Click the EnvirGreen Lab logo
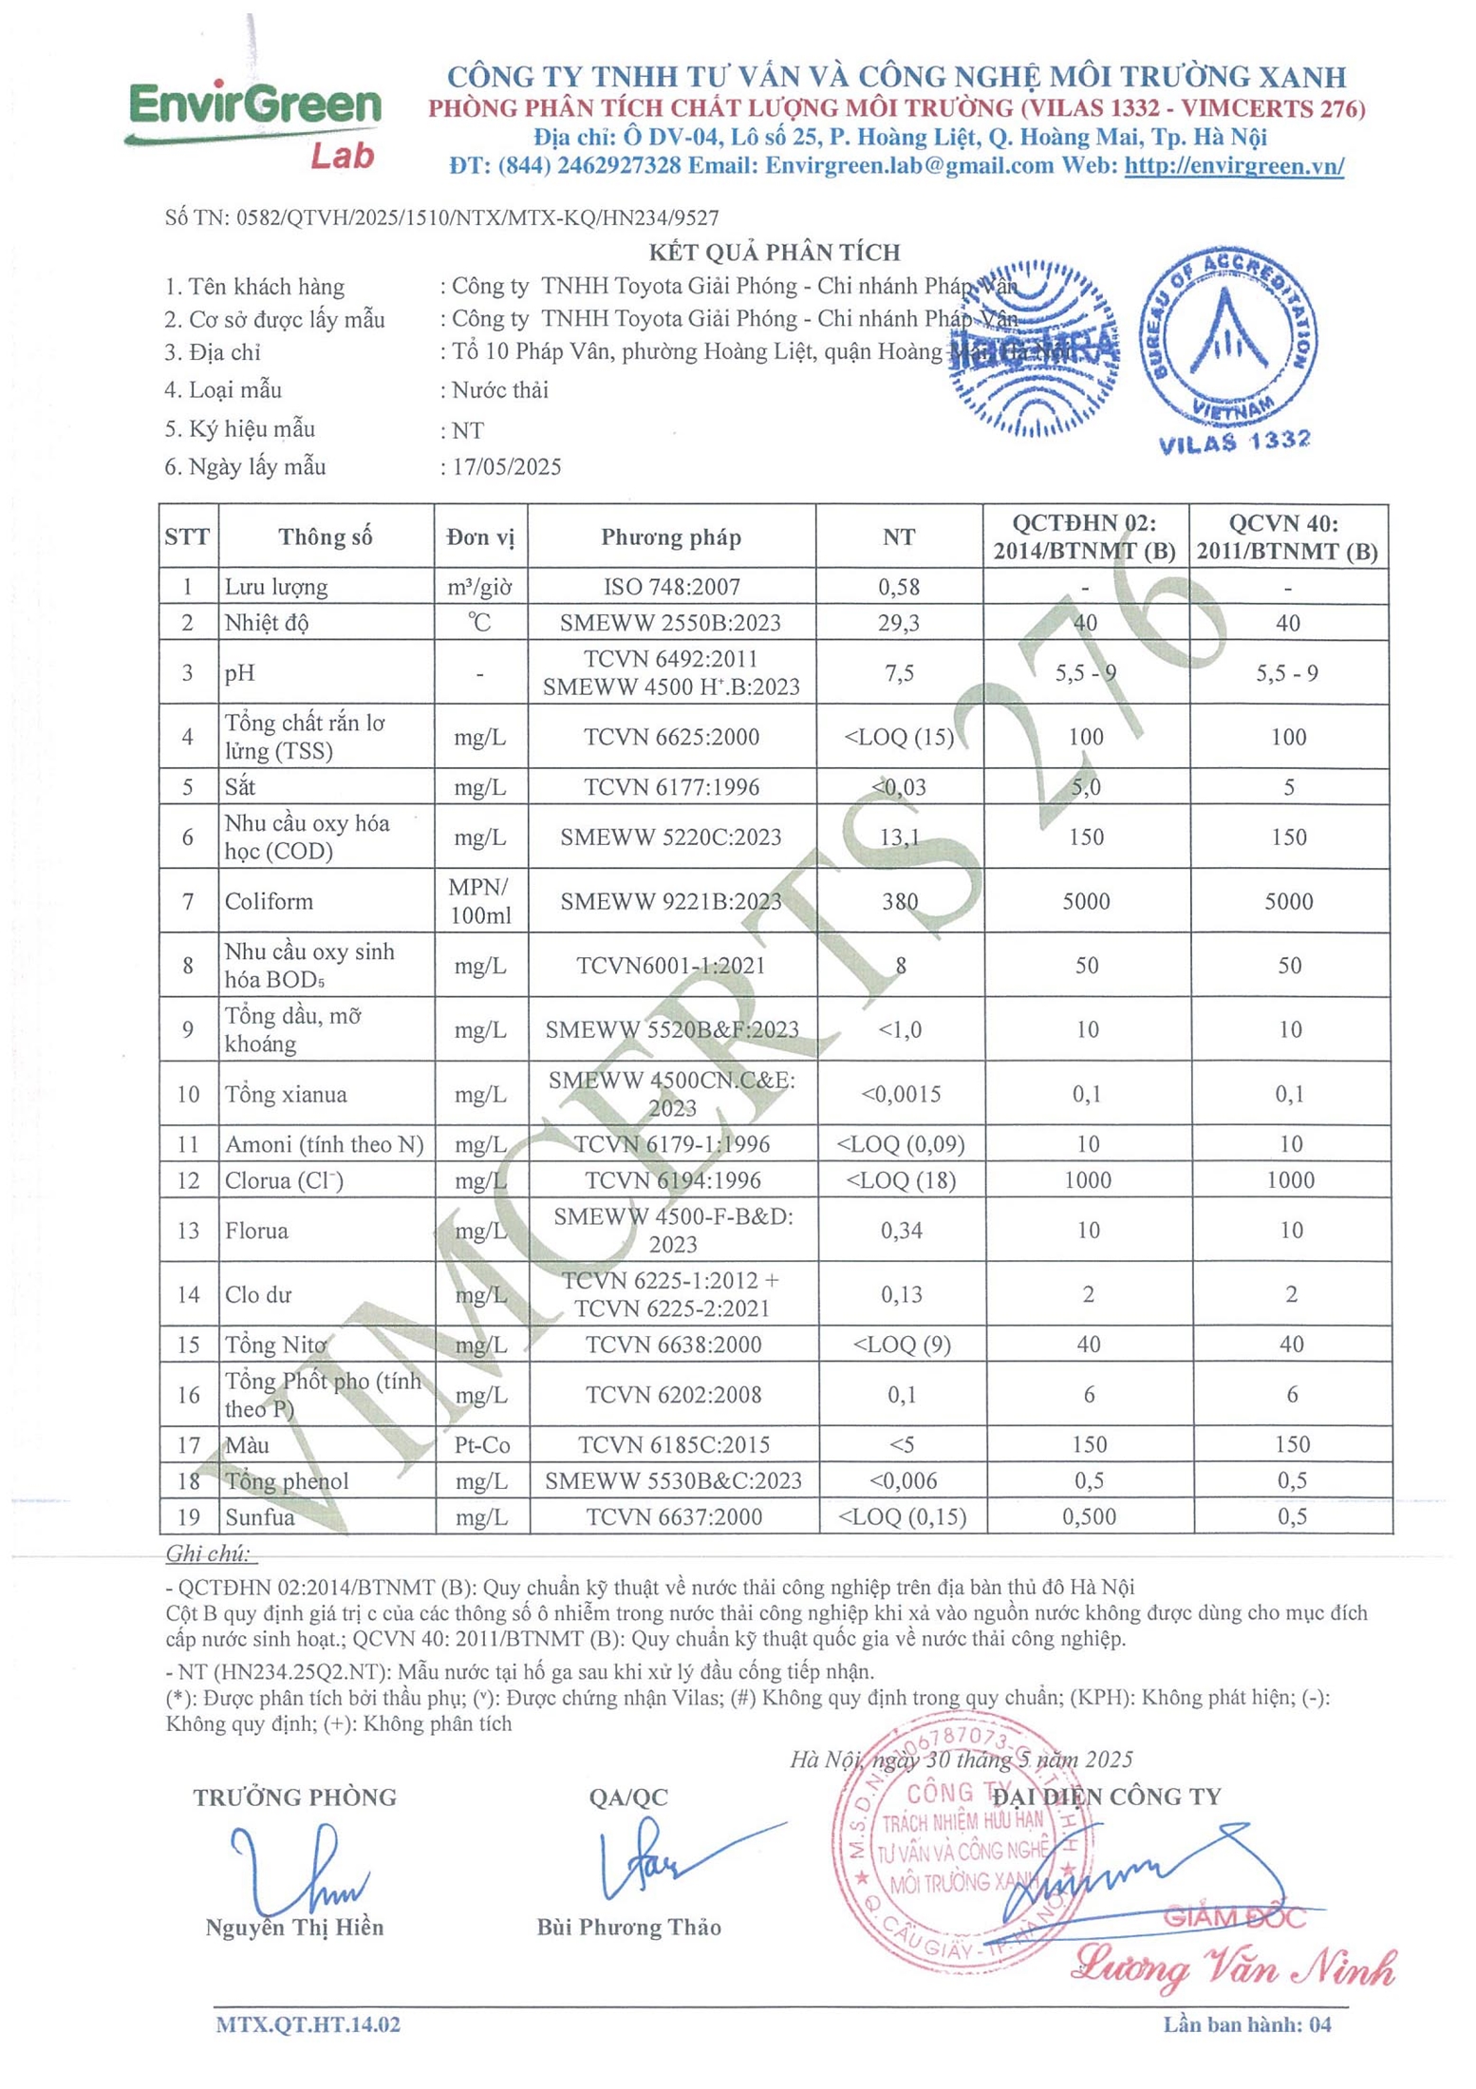pos(254,123)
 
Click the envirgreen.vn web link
pos(1233,165)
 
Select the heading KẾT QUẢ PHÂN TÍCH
pos(774,252)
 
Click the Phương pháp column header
pos(670,537)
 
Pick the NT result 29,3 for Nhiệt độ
pos(898,623)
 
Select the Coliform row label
pos(269,900)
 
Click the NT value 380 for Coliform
pos(899,900)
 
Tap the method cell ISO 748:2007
pos(671,587)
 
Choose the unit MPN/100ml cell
pos(479,900)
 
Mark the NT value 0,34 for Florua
pos(900,1230)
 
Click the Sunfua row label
pos(259,1516)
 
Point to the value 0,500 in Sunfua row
pos(1089,1516)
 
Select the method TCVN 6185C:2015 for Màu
pos(672,1444)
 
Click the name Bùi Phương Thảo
pos(628,1927)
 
